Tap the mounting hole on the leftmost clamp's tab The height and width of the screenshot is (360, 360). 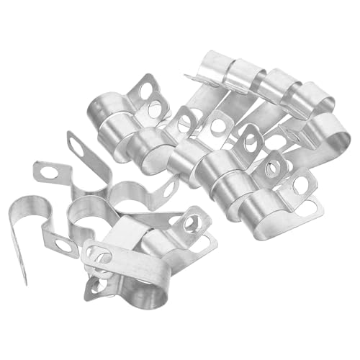63,246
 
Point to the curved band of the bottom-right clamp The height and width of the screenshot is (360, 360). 263,205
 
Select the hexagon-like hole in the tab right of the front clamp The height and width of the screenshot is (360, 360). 191,223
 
